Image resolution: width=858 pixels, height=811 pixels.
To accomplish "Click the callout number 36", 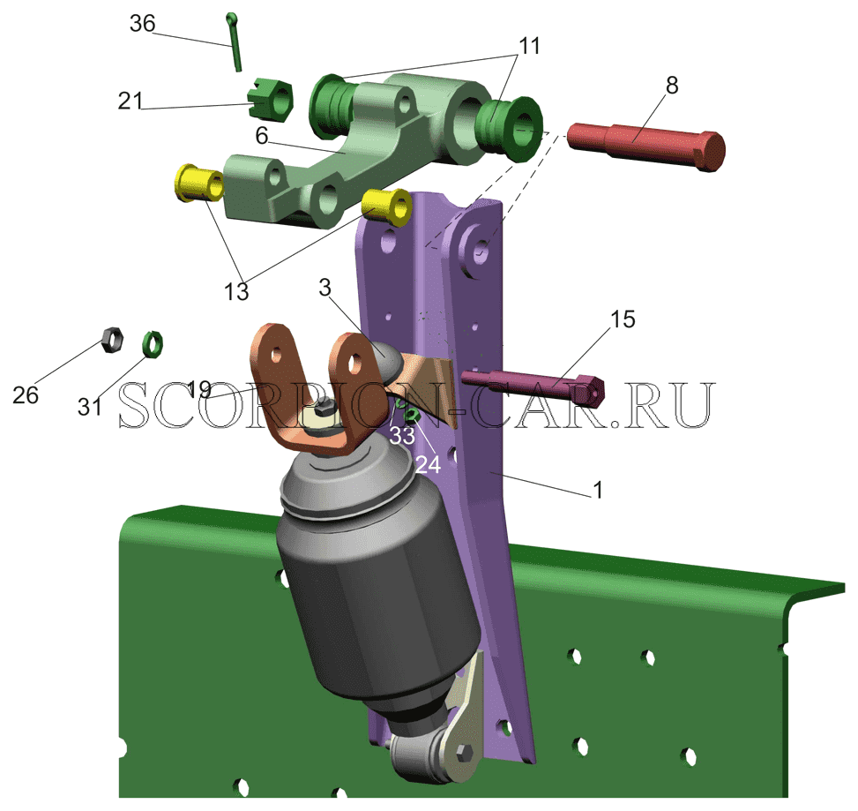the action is point(142,24).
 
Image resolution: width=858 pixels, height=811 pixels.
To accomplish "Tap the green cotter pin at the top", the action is point(234,41).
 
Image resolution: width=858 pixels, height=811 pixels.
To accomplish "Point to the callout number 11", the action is point(529,46).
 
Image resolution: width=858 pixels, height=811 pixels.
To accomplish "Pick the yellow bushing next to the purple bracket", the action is point(387,207).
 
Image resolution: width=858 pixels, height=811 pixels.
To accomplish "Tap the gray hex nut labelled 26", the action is point(112,340).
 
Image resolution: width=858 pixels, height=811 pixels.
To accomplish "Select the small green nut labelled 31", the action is point(153,344).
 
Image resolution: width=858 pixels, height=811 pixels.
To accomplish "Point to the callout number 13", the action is point(236,292).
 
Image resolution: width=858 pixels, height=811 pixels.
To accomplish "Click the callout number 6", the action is point(262,135).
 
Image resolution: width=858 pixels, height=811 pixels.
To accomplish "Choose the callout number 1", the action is point(598,490).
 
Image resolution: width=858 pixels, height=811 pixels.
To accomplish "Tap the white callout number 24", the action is point(428,465).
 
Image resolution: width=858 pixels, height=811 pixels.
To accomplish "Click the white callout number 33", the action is point(402,436).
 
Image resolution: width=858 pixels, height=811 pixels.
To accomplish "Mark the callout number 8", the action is point(672,85).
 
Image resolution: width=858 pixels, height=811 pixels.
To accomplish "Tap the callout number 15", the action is point(623,319).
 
